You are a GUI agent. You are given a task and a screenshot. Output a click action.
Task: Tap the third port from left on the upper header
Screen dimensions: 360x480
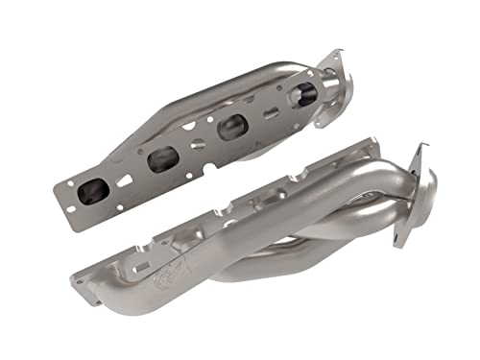pos(233,127)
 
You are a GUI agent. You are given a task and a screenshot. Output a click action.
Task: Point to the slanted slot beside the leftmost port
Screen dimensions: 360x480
pos(124,180)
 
